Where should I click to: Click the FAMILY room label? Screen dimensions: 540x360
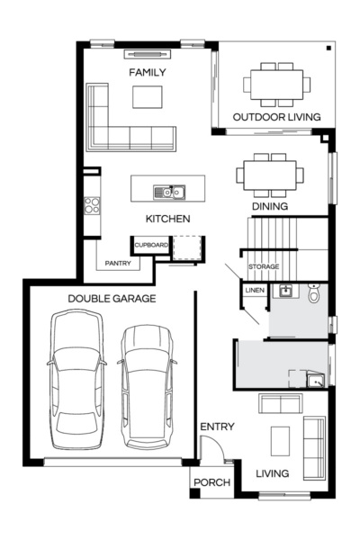(148, 72)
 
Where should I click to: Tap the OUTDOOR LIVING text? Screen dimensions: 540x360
(274, 118)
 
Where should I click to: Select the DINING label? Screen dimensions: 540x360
(269, 206)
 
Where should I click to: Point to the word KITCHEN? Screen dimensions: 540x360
(167, 219)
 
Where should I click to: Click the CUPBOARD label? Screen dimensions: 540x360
(150, 244)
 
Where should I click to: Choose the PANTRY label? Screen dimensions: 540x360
(118, 264)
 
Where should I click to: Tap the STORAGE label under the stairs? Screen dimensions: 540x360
(264, 267)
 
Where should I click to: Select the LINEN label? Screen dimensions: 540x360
(254, 290)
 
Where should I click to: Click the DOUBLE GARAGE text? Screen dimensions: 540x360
(112, 299)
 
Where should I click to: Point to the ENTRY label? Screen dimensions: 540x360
(217, 427)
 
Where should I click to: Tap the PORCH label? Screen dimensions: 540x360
(212, 483)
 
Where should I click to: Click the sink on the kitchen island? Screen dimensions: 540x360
(168, 191)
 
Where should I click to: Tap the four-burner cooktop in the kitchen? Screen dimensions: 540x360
(92, 205)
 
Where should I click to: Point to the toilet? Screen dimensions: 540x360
(314, 292)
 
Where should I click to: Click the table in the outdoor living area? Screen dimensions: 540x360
(276, 84)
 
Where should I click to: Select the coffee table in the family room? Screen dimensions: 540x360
(148, 96)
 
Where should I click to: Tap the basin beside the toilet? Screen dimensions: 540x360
(284, 291)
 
